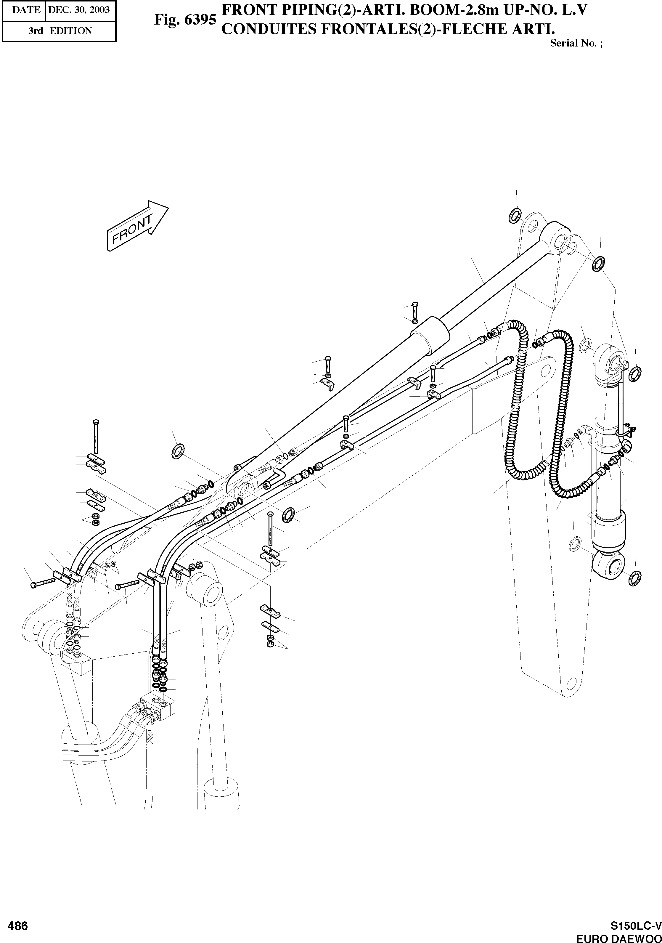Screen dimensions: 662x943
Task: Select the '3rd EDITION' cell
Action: coord(60,31)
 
